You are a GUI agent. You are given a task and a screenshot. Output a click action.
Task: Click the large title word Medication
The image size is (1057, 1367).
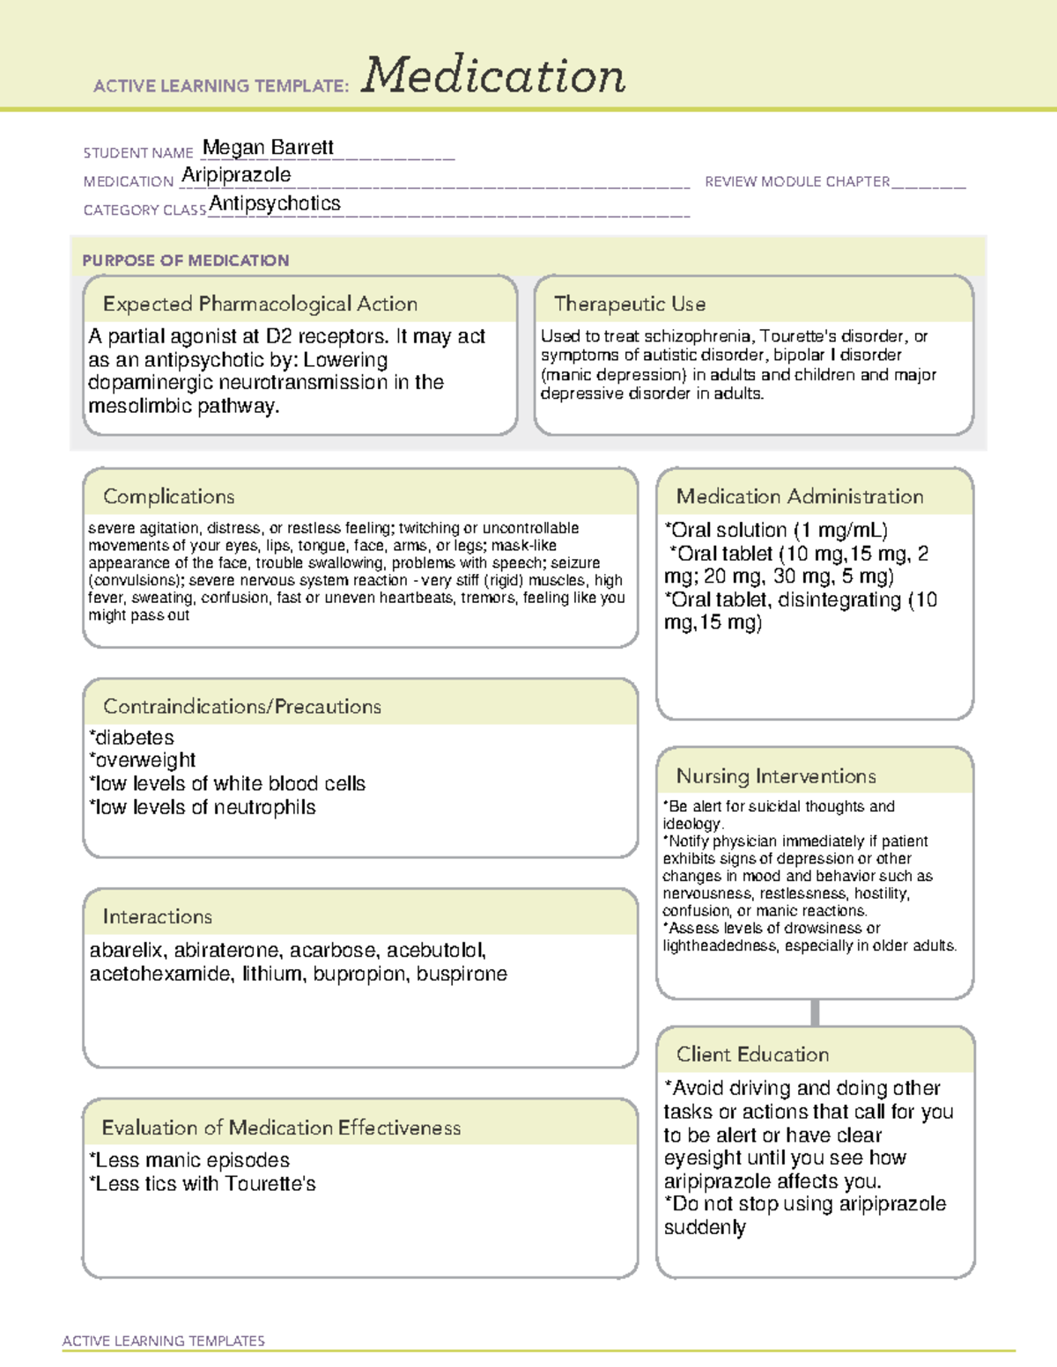tap(493, 76)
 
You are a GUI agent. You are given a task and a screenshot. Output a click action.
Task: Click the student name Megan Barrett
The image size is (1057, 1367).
tap(268, 148)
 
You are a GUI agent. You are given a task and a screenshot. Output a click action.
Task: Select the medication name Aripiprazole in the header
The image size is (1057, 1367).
tap(236, 175)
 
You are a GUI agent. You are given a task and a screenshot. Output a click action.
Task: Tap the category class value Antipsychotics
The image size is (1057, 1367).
tap(275, 204)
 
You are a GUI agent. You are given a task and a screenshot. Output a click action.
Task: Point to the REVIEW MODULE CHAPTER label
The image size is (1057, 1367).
tap(797, 181)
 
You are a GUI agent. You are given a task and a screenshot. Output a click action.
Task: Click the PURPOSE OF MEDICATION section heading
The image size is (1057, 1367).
tap(186, 261)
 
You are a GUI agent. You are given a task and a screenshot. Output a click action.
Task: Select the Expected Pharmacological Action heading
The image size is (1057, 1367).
tap(260, 305)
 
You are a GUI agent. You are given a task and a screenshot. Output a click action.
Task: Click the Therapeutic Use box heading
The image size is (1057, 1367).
tap(629, 305)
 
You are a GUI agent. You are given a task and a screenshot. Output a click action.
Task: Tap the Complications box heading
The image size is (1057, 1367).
tap(168, 497)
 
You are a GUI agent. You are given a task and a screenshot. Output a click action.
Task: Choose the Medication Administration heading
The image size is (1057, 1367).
tap(799, 497)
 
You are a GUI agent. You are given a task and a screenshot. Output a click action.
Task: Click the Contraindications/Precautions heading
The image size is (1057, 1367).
tap(241, 707)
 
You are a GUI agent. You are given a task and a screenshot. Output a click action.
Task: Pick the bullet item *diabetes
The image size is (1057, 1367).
tap(131, 738)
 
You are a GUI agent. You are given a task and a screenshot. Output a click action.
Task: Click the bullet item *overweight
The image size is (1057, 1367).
tap(142, 761)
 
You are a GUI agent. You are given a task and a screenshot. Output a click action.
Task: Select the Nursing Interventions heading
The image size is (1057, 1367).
tap(775, 776)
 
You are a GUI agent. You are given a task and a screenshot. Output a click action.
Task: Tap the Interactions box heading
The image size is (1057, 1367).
tap(157, 917)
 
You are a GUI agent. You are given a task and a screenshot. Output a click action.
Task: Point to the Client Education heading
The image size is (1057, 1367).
tap(752, 1055)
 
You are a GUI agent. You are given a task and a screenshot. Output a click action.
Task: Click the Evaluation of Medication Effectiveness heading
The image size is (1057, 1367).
tap(281, 1128)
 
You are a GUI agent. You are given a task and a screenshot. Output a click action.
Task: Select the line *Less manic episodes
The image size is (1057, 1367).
tap(189, 1161)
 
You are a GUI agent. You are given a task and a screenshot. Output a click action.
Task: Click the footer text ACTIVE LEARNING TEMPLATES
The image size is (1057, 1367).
tap(163, 1341)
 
